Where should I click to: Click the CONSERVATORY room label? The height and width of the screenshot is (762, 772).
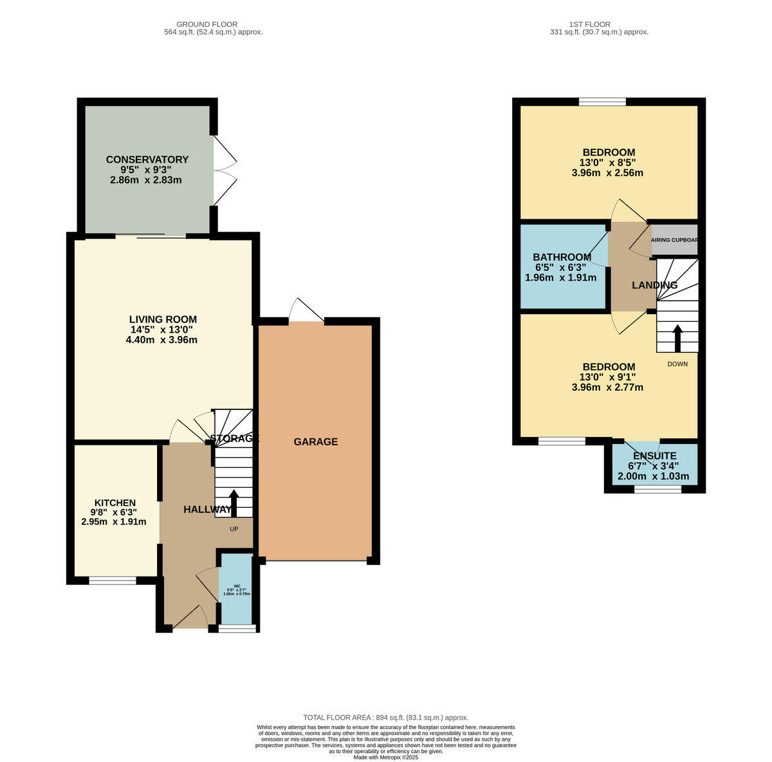click(147, 160)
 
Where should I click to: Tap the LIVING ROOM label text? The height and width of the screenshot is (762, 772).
click(163, 319)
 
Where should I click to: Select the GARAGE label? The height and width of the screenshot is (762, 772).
click(315, 441)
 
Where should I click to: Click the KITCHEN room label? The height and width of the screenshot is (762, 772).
click(115, 503)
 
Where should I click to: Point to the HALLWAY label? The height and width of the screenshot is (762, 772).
click(207, 509)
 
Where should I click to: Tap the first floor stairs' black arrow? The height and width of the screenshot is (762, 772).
click(677, 337)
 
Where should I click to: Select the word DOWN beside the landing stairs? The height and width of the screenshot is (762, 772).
click(677, 364)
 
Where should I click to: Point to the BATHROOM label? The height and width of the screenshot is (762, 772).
click(562, 257)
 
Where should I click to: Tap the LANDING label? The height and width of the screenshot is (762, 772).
click(654, 285)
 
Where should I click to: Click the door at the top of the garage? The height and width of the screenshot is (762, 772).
click(306, 311)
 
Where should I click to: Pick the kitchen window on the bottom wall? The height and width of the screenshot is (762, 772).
click(113, 581)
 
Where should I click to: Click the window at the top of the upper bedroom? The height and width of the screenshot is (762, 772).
click(602, 101)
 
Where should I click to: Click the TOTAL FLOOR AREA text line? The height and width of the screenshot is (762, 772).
click(385, 717)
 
